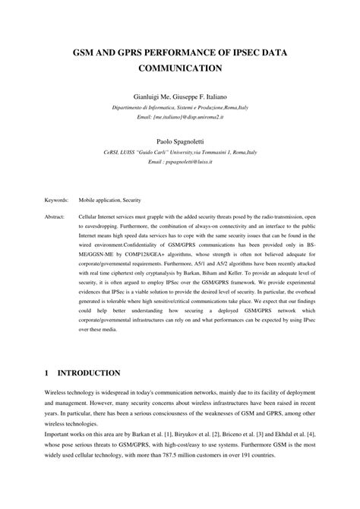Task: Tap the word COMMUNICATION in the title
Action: (180, 68)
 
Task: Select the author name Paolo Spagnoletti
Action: (180, 141)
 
